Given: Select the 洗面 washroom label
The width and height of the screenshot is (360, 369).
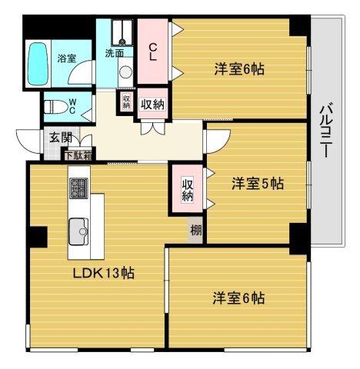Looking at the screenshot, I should [115, 53].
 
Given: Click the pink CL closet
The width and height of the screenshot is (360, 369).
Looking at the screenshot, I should [153, 52].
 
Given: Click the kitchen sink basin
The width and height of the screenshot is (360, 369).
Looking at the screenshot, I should [79, 228].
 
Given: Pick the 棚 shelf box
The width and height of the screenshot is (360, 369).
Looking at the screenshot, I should [195, 229].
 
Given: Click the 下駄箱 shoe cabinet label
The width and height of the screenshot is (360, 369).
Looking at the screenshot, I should [77, 155].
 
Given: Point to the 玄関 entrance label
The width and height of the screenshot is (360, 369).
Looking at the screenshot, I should [60, 138].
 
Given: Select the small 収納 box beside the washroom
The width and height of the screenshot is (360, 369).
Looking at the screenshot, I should [125, 101].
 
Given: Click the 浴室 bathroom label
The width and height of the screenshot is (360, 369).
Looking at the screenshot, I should [66, 57].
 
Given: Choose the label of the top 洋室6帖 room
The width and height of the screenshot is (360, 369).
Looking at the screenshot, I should [239, 69].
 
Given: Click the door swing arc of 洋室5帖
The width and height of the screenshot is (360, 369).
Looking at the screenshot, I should [214, 139].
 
